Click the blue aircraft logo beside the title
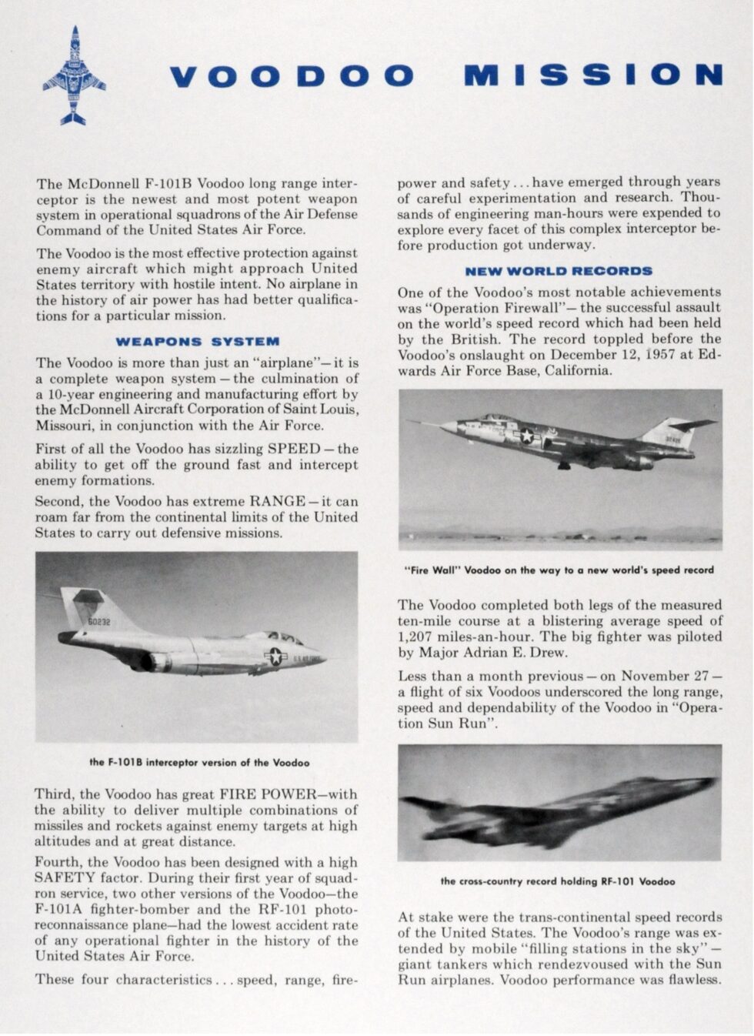pos(74,75)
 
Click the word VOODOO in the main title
pos(292,75)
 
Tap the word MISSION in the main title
pos(593,75)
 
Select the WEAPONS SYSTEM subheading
pos(197,341)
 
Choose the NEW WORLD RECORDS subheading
pos(559,271)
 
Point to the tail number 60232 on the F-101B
pos(98,621)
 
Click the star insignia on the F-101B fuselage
pos(275,656)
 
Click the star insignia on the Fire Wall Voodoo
pos(527,436)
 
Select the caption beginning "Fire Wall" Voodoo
pos(559,570)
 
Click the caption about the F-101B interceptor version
pos(199,763)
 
